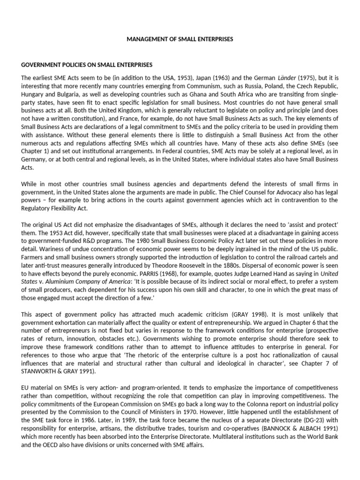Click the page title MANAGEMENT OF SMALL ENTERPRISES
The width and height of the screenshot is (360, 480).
180,39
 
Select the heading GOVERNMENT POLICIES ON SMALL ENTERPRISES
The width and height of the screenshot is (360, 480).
87,64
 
